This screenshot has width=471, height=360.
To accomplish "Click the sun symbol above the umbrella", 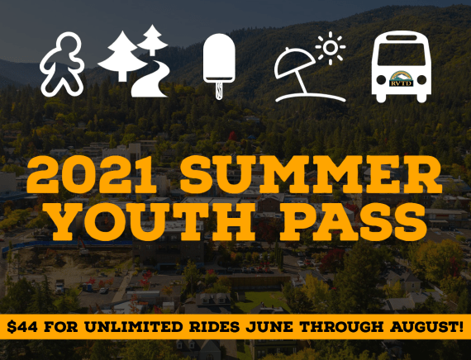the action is [331, 47].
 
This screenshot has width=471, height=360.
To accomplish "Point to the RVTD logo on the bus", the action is [402, 79].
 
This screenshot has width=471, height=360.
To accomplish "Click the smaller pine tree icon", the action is [152, 40].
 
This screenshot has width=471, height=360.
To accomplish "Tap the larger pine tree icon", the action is [122, 55].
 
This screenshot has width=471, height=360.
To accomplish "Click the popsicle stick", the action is [219, 90].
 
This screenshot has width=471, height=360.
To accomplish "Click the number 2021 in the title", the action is [92, 174].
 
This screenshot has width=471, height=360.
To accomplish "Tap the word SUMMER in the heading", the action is [312, 174].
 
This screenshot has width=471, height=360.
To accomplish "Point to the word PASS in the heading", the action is [355, 221].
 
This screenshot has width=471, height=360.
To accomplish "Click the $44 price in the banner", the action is [22, 327].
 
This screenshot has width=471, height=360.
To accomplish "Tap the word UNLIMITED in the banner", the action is [133, 327].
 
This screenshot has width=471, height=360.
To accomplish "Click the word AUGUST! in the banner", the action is [426, 327].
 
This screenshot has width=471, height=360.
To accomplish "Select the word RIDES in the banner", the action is [214, 327].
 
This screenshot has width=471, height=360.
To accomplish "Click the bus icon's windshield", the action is [402, 54].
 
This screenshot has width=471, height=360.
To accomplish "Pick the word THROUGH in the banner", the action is [341, 327].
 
